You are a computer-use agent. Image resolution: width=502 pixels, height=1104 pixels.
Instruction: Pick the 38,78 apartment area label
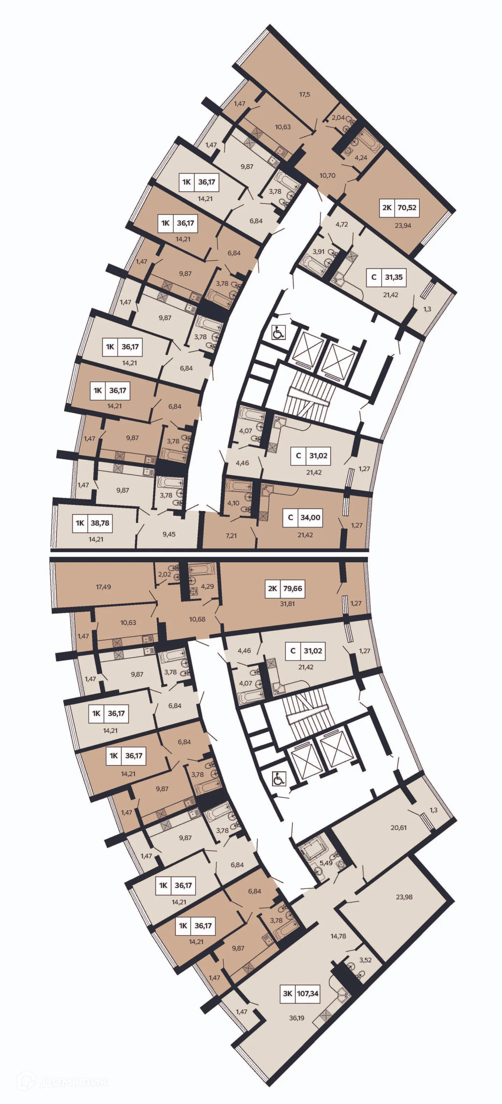pyautogui.click(x=100, y=523)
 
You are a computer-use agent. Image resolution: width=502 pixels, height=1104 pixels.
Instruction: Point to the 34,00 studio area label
pyautogui.click(x=310, y=517)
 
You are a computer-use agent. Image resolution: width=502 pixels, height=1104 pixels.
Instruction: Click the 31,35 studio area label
pyautogui.click(x=393, y=277)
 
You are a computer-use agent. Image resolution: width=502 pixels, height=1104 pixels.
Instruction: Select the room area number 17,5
pyautogui.click(x=305, y=94)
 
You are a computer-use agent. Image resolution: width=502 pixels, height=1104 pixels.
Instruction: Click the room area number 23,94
pyautogui.click(x=403, y=226)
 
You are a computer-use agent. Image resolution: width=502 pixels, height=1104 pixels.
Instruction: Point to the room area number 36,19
pyautogui.click(x=296, y=1018)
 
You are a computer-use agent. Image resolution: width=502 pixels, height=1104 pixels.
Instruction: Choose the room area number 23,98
pyautogui.click(x=404, y=896)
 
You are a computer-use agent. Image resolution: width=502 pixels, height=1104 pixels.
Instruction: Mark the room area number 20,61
pyautogui.click(x=399, y=828)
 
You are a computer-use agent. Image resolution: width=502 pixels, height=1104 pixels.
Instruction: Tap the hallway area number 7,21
pyautogui.click(x=231, y=535)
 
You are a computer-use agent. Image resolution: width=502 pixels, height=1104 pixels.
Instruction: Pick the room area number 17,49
pyautogui.click(x=103, y=587)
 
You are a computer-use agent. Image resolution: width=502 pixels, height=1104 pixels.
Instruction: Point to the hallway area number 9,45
pyautogui.click(x=169, y=534)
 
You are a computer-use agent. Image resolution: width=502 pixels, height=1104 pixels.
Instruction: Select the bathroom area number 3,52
pyautogui.click(x=365, y=960)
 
